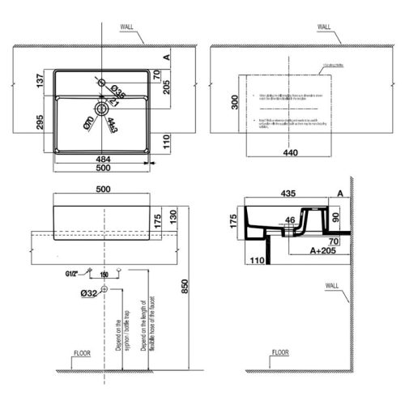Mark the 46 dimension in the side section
[x=290, y=220]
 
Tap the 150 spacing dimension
[x=104, y=275]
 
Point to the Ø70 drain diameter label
[x=88, y=123]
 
